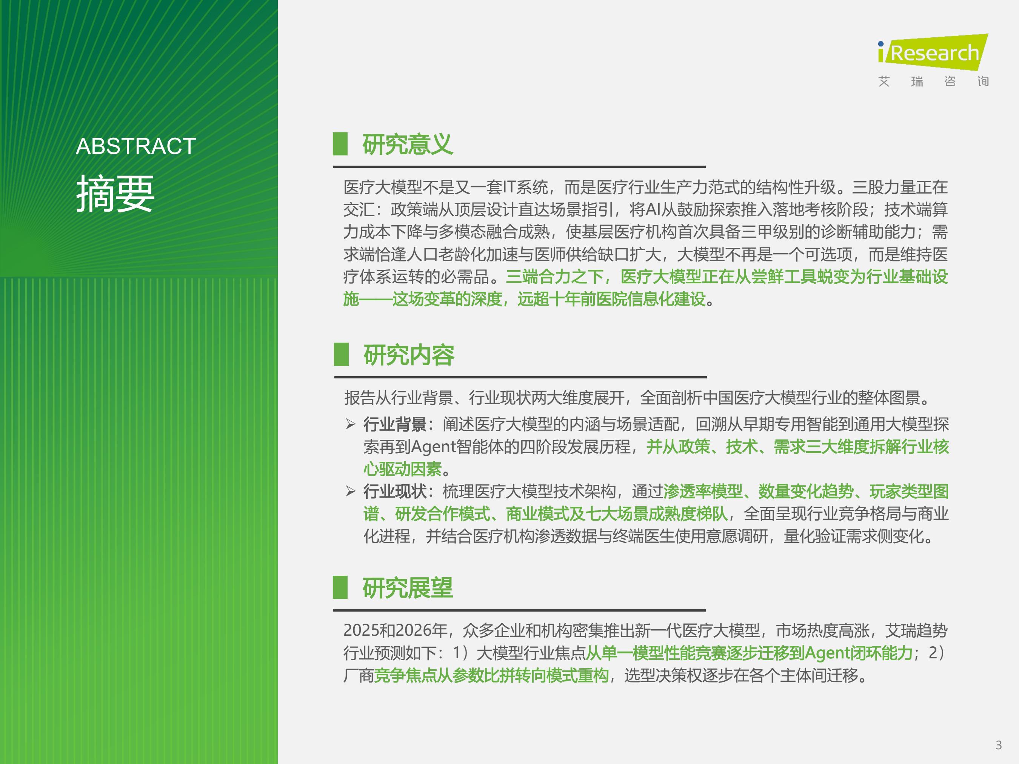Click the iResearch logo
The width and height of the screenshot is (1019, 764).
tap(933, 52)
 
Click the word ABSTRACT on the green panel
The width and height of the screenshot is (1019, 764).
tap(136, 146)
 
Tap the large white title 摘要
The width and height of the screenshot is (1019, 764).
tap(115, 194)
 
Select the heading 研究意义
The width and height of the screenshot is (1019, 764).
tap(408, 144)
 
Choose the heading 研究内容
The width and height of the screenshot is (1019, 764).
tap(409, 355)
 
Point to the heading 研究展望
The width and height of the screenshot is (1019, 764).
tap(408, 588)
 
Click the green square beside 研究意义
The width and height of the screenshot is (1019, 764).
tap(340, 144)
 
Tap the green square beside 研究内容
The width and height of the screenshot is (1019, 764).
tap(341, 354)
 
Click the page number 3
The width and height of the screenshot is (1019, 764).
tap(999, 745)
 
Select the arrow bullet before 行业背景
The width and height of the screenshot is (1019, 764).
tap(351, 424)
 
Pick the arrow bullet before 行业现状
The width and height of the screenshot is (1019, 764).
tap(351, 491)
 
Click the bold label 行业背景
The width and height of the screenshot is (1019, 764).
tap(395, 424)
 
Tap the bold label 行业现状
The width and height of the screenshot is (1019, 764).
tap(395, 491)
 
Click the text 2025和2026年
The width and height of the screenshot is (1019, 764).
tap(395, 630)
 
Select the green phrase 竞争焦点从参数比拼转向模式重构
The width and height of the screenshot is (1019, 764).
tap(491, 675)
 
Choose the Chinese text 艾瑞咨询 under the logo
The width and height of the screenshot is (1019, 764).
tap(933, 81)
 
